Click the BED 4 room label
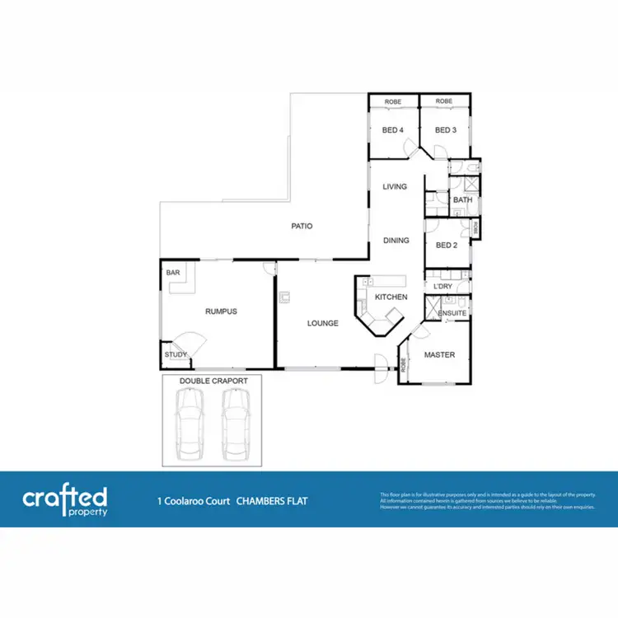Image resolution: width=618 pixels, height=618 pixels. [x=393, y=129]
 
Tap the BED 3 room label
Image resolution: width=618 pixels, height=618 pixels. [x=446, y=129]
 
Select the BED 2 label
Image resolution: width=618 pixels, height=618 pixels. [x=446, y=245]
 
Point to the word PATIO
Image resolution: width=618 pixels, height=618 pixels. [x=301, y=226]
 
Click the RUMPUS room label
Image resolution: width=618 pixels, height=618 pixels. [x=221, y=311]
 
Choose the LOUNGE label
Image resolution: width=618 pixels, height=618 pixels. [x=323, y=323]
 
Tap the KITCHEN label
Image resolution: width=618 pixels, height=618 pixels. [x=391, y=297]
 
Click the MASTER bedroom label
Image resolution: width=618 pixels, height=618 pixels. [x=439, y=355]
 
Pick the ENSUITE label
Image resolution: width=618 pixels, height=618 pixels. [x=452, y=314]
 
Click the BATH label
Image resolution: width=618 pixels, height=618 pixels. [x=462, y=200]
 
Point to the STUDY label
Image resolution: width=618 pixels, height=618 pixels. [x=176, y=355]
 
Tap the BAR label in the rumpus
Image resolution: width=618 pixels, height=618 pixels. [x=173, y=271]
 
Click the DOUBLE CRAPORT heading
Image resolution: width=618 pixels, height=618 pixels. [x=210, y=382]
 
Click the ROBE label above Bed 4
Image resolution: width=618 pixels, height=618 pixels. [x=392, y=101]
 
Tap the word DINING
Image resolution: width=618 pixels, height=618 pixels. [x=396, y=241]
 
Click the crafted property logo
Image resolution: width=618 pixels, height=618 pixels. [x=65, y=499]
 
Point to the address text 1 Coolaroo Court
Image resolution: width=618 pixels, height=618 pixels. [x=194, y=500]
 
